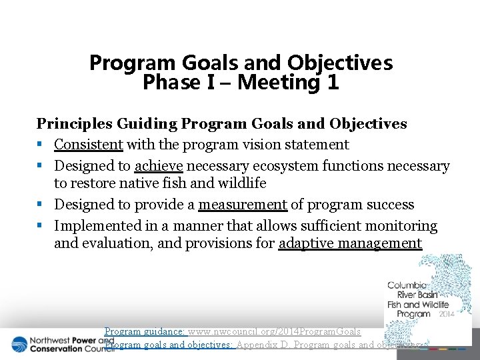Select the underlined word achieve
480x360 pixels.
click(159, 166)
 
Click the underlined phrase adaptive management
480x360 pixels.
click(350, 243)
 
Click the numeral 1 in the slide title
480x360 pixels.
click(331, 83)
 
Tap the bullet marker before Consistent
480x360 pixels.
click(41, 145)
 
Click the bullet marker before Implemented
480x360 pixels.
click(41, 227)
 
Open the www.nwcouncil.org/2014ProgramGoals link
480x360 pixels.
click(275, 331)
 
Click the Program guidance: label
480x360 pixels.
click(145, 331)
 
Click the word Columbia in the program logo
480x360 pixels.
click(407, 286)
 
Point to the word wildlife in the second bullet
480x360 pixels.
click(243, 183)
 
